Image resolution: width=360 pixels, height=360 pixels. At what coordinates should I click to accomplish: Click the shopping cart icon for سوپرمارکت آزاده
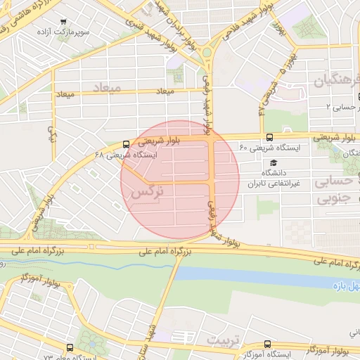(x=64, y=23)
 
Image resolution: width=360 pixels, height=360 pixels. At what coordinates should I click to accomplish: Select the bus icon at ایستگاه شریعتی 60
(x=270, y=138)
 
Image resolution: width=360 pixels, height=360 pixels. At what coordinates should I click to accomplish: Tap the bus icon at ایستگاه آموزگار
(x=266, y=343)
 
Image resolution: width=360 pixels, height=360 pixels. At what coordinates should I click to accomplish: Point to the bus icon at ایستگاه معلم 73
(x=70, y=347)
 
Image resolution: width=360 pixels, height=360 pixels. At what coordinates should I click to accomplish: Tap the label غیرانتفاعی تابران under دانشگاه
(x=273, y=184)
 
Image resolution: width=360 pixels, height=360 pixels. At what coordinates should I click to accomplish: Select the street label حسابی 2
(x=343, y=107)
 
